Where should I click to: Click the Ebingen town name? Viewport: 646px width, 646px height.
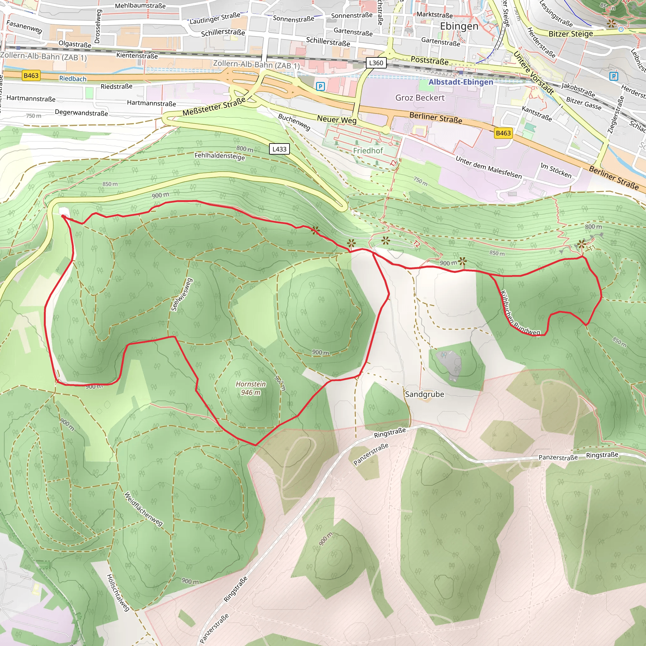coord(459,26)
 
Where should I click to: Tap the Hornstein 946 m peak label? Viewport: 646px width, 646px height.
coord(250,388)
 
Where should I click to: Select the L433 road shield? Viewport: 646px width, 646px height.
coord(279,149)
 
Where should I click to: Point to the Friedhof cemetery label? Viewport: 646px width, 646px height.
coord(368,150)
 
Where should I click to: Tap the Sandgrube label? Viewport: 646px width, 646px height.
coord(424,394)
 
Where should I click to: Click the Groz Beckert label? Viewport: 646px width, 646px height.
coord(420,98)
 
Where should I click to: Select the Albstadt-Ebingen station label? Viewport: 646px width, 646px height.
coord(461,82)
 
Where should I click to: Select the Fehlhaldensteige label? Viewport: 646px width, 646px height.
coord(220,156)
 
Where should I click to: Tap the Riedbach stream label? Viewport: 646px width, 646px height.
coord(73,79)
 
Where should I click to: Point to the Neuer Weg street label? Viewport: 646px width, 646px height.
coord(336,119)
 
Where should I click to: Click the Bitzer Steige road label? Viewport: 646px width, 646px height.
coord(570,34)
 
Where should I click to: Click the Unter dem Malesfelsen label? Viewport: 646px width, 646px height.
coord(488,167)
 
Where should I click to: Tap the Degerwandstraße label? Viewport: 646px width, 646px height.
coord(81,113)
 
